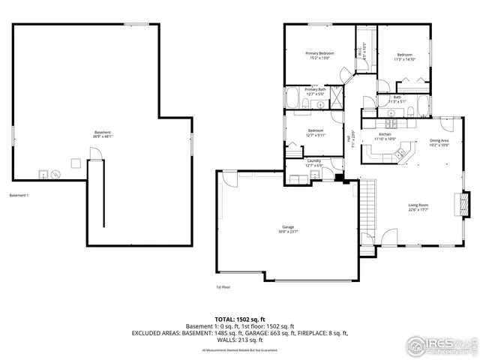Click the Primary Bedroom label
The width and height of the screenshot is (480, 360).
coord(319,55)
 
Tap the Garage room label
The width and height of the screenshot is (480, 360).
coord(288,229)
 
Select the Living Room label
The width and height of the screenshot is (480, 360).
coord(418,208)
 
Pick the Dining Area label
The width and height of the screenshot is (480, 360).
coord(439,142)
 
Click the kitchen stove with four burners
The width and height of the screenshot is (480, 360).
coord(391,123)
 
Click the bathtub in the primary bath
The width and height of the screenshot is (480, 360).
coord(292,99)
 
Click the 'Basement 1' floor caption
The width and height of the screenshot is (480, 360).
coord(19,196)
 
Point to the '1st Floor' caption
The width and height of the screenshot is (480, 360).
coord(223,286)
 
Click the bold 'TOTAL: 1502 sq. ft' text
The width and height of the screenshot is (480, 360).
coord(240,319)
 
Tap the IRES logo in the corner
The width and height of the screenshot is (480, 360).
coord(440,345)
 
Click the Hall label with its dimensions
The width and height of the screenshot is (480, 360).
coord(349,139)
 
